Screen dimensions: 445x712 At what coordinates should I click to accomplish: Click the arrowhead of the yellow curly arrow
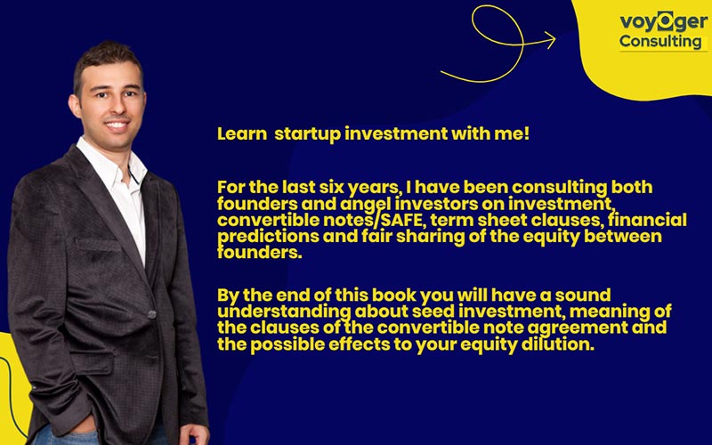coord(549,39)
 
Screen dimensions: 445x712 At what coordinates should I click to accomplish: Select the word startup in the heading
coord(306,134)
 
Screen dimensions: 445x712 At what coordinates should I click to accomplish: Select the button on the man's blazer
coord(152,314)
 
